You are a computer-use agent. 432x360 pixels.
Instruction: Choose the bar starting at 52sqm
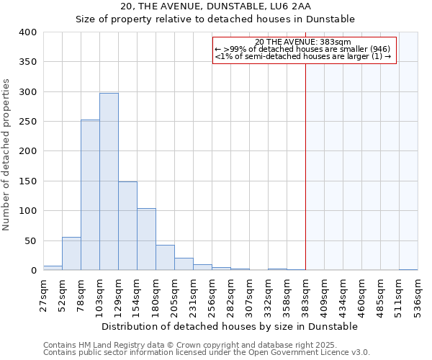point(71,253)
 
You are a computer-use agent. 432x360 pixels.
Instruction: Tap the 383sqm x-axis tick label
point(305,294)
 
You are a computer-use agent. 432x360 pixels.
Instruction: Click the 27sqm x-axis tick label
point(43,294)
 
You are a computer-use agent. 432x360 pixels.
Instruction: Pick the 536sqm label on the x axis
point(418,294)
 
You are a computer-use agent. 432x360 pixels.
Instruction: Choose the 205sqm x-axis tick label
point(174,294)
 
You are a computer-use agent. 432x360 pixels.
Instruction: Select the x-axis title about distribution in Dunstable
point(230,326)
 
